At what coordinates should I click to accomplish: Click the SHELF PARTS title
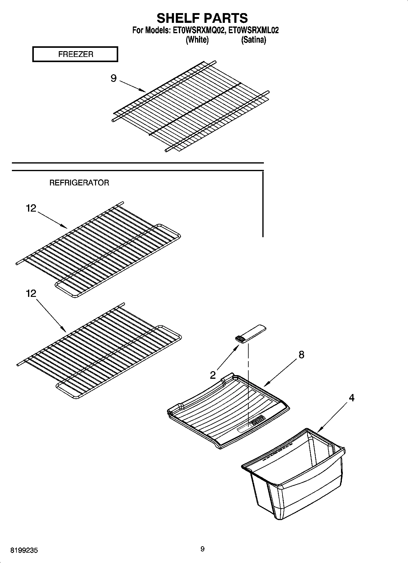[x=202, y=18]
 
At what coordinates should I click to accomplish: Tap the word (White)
[x=197, y=40]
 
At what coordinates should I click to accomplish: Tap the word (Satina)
[x=254, y=40]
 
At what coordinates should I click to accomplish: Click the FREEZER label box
[x=75, y=54]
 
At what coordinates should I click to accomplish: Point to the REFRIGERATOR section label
[x=79, y=183]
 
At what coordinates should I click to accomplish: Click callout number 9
[x=113, y=79]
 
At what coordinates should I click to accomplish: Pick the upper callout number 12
[x=31, y=208]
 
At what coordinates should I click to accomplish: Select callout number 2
[x=213, y=375]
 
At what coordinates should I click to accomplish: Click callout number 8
[x=301, y=354]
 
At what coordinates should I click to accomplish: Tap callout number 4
[x=351, y=398]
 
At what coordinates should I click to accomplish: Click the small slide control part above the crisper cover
[x=250, y=334]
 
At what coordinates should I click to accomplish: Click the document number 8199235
[x=24, y=551]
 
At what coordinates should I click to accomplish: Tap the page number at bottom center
[x=203, y=549]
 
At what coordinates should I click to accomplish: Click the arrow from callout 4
[x=332, y=417]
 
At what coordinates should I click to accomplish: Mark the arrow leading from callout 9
[x=132, y=86]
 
